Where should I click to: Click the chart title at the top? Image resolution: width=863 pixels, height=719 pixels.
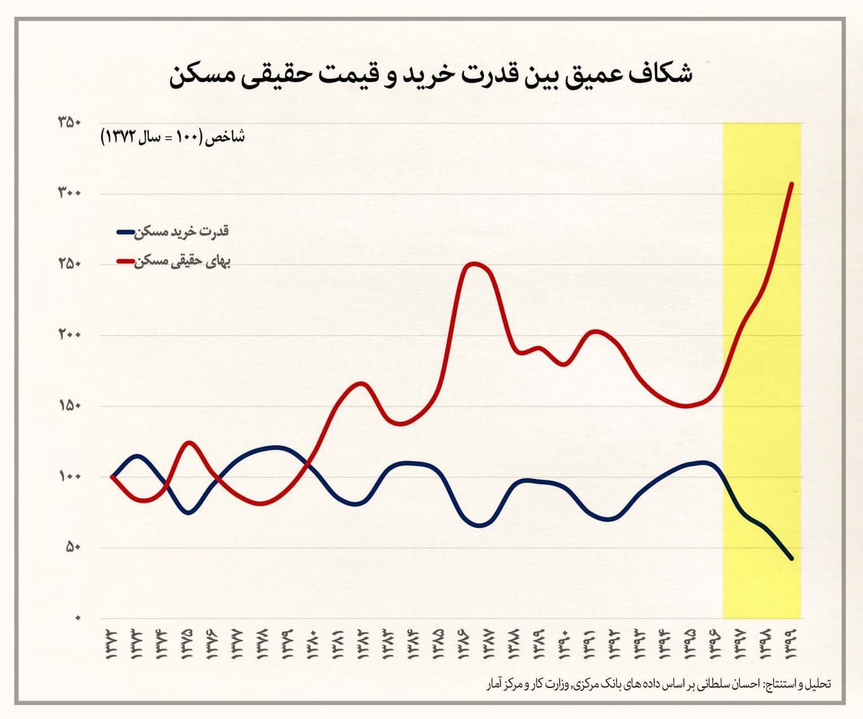pyautogui.click(x=431, y=74)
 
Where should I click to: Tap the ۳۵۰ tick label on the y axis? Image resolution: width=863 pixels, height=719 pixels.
pyautogui.click(x=69, y=123)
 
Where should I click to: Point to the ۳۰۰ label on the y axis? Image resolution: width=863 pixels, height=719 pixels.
pyautogui.click(x=69, y=193)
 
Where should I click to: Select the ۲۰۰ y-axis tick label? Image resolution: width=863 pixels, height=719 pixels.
pyautogui.click(x=69, y=335)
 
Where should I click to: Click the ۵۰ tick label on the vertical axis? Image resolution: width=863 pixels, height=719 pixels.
pyautogui.click(x=73, y=547)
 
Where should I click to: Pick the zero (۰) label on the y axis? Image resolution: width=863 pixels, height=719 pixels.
pyautogui.click(x=78, y=618)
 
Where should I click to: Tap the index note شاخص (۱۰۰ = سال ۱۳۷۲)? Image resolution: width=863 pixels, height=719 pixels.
pyautogui.click(x=173, y=137)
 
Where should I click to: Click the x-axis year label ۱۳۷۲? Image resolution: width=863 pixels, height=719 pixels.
pyautogui.click(x=111, y=643)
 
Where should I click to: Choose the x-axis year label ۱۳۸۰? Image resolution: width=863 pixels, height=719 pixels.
pyautogui.click(x=313, y=643)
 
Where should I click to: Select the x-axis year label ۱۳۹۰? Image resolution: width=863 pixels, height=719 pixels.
pyautogui.click(x=564, y=643)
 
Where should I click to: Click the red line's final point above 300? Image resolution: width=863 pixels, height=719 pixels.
pyautogui.click(x=792, y=183)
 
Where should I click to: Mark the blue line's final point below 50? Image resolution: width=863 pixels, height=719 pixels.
pyautogui.click(x=792, y=559)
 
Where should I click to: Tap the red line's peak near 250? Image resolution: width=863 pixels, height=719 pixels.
pyautogui.click(x=473, y=263)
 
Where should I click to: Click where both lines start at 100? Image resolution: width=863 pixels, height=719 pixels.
pyautogui.click(x=112, y=476)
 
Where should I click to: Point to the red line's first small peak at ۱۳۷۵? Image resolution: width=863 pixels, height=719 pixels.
pyautogui.click(x=189, y=443)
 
